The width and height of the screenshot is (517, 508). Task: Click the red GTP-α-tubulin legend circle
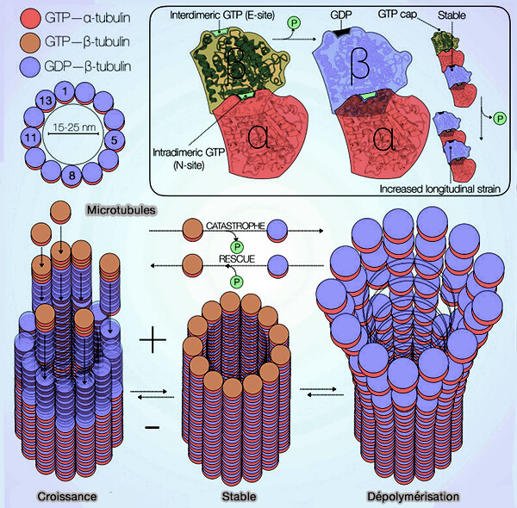[15, 16]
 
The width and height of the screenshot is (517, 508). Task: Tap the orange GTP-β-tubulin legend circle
[15, 40]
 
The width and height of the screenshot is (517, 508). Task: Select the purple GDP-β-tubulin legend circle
[15, 65]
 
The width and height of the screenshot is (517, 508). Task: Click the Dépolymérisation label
[412, 496]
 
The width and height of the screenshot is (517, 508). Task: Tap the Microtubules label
[120, 210]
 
